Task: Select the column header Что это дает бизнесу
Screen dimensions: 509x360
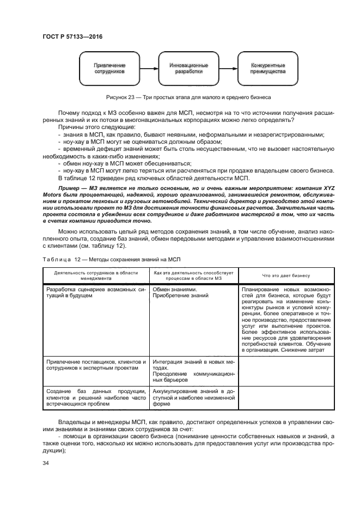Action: [285, 275]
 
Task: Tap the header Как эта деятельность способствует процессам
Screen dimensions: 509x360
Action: [193, 275]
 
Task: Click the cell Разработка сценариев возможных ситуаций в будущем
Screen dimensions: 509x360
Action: [96, 293]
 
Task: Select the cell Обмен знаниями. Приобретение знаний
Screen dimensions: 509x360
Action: [180, 293]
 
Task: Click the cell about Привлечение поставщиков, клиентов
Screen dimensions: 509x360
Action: [96, 365]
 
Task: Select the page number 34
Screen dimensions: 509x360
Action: [46, 463]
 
